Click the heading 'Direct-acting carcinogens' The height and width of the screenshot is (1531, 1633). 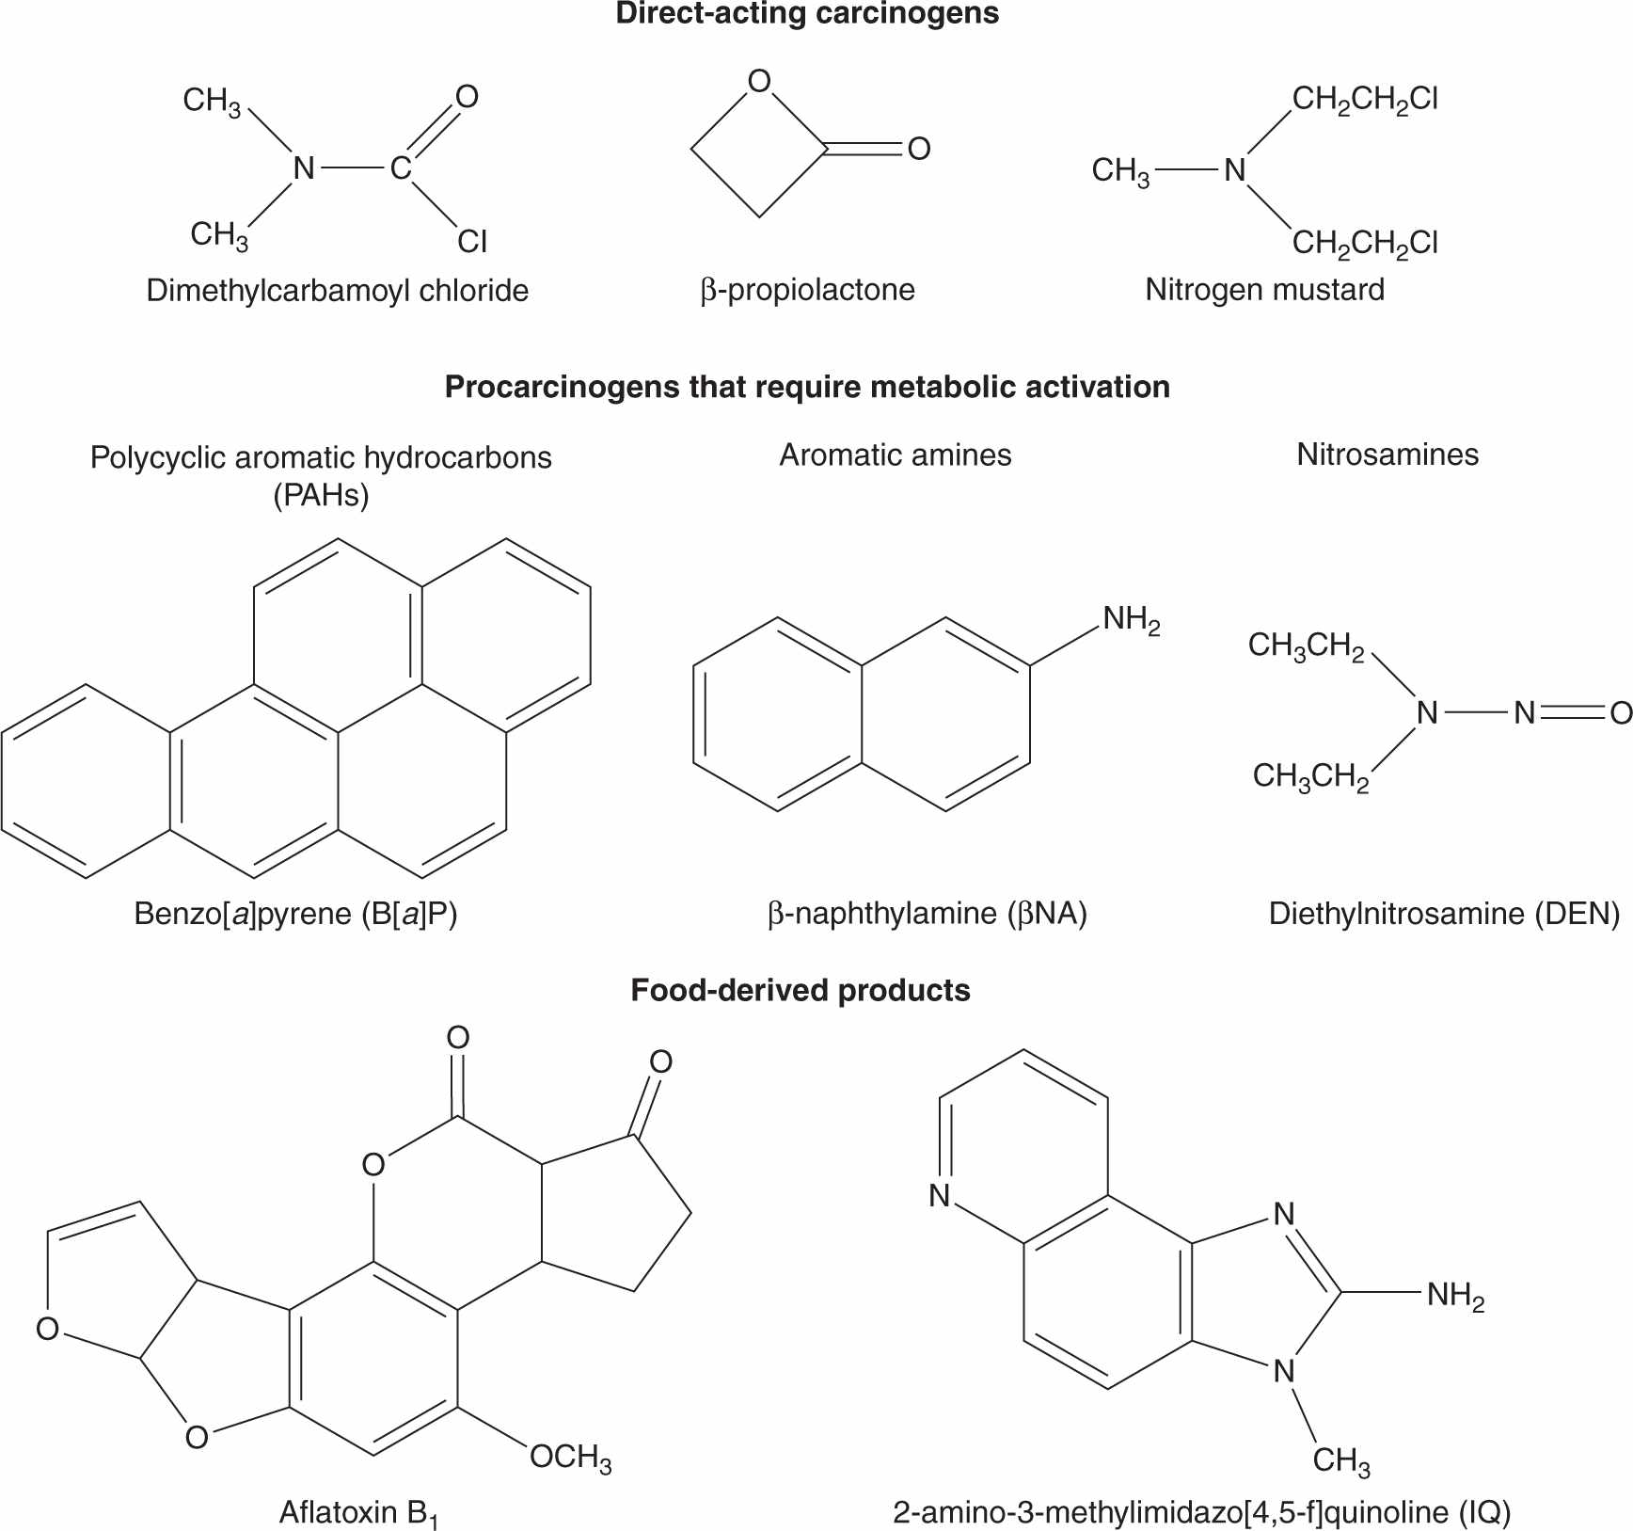coord(807,14)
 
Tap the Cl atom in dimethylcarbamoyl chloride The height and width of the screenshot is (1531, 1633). coord(472,242)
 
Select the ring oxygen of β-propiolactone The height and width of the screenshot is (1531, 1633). coord(759,82)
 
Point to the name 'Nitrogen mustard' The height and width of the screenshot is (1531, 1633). coord(1264,289)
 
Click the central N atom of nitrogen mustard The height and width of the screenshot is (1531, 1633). coord(1234,170)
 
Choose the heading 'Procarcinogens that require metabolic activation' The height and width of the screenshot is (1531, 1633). coord(807,387)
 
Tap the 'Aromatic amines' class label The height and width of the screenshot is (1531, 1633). coord(895,455)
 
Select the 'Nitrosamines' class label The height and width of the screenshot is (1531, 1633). coord(1387,455)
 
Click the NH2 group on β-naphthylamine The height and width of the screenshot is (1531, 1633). coord(1131,619)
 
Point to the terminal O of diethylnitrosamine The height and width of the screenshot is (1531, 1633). coord(1620,713)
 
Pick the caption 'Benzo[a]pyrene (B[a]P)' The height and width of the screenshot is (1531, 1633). coord(295,914)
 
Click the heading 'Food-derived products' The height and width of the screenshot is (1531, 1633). coord(800,991)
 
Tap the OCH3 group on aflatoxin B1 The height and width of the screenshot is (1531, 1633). coord(570,1458)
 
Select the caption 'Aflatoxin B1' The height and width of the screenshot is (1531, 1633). coord(359,1513)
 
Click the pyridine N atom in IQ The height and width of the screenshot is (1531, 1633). coord(939,1196)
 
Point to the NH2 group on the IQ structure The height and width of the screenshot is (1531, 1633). coord(1454,1296)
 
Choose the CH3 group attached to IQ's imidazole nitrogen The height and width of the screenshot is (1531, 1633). coord(1340,1460)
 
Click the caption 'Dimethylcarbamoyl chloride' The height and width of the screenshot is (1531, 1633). coord(337,290)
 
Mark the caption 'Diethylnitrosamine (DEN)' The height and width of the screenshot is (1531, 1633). coord(1444,914)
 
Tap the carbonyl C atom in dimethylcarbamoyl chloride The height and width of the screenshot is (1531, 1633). coord(401,168)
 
